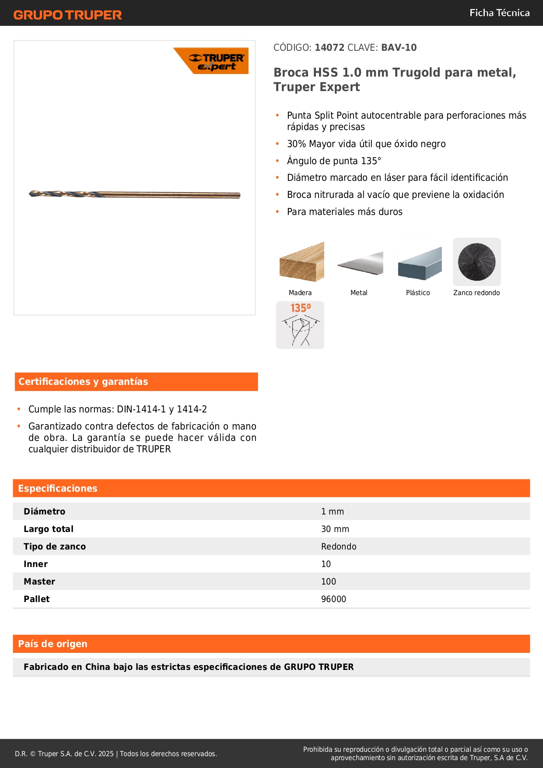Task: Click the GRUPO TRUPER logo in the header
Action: pos(67,15)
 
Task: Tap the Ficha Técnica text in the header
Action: pos(499,13)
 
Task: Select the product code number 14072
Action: pos(329,48)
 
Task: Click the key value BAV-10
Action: pos(399,48)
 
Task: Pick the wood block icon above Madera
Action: pos(301,262)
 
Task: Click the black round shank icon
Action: pos(476,262)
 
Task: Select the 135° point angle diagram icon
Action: pos(300,325)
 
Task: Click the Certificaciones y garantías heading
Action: pos(83,382)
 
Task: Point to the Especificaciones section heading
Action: pos(58,489)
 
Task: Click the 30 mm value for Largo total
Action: pos(335,529)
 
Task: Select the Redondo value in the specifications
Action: pos(339,546)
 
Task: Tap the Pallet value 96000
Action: pos(333,599)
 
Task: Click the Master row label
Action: pos(39,581)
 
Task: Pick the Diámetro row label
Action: pos(44,511)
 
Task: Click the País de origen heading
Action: pos(53,644)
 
